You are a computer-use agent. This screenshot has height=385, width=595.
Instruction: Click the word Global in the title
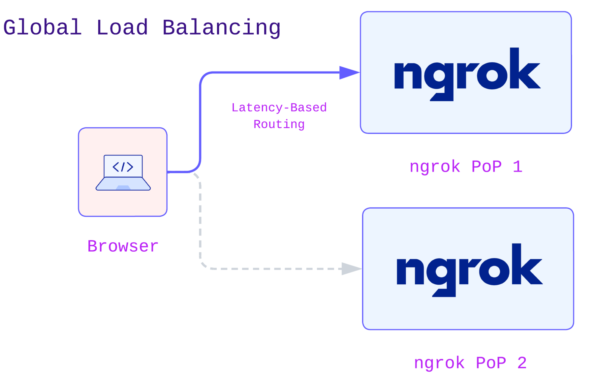[42, 27]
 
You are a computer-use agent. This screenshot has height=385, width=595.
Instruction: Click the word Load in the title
[122, 27]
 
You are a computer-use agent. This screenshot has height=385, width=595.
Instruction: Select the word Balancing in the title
[221, 27]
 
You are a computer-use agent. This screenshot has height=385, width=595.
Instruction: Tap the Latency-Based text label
[279, 107]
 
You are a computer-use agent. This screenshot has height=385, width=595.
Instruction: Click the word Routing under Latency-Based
[279, 124]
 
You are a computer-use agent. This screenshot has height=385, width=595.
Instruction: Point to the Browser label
[123, 246]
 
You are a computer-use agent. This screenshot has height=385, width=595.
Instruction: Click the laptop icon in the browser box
[123, 172]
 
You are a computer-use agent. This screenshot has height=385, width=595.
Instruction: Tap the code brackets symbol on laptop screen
[123, 167]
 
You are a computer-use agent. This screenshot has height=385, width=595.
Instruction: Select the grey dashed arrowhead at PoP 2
[351, 269]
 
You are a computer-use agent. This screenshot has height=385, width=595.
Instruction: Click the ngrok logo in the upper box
[467, 74]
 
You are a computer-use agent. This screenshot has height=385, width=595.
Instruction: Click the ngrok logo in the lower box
[469, 270]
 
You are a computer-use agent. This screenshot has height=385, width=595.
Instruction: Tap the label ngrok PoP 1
[466, 166]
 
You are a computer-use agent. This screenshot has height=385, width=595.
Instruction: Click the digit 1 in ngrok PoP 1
[517, 166]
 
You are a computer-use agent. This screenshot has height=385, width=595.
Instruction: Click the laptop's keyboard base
[123, 184]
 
